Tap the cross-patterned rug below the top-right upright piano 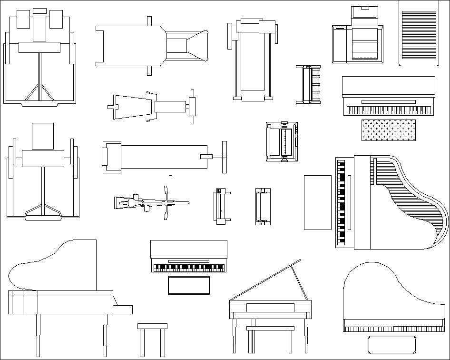[388, 130]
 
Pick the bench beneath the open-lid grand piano [270, 329]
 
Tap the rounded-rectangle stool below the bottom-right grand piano [392, 344]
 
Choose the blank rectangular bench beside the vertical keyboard [317, 202]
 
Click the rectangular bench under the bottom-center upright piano [188, 285]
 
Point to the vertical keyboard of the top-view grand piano [341, 202]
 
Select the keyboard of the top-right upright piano [388, 110]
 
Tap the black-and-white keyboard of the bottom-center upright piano [188, 268]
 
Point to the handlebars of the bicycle [166, 203]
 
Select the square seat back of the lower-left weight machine [43, 136]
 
